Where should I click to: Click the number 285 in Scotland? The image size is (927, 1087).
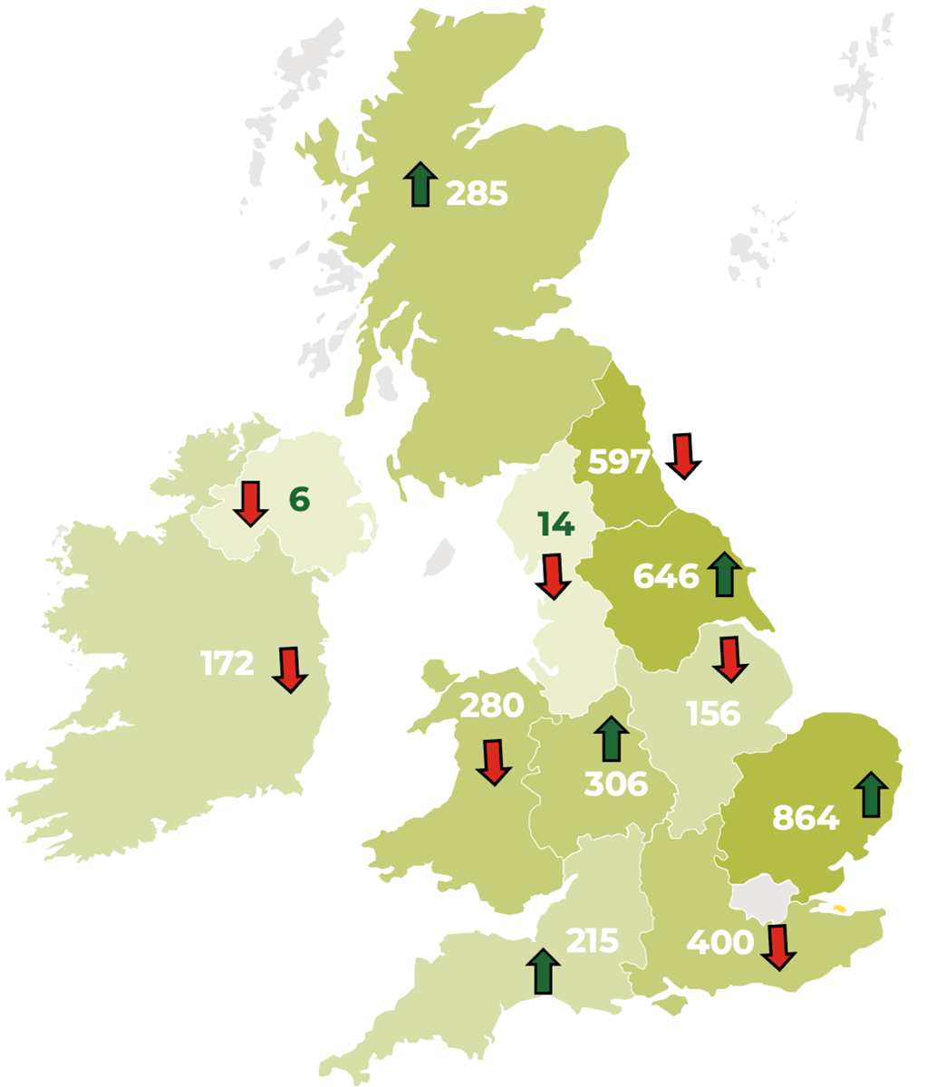click(x=477, y=193)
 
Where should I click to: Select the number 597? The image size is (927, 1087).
click(x=619, y=462)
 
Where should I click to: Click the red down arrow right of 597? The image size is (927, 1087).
click(x=683, y=455)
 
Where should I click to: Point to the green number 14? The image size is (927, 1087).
click(x=555, y=524)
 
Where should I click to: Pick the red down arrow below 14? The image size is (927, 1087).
click(x=553, y=576)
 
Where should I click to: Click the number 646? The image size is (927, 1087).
click(x=666, y=576)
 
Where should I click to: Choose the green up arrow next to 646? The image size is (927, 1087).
click(x=723, y=573)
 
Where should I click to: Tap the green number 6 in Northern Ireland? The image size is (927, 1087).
click(x=299, y=499)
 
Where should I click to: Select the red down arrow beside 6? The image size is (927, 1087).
click(x=250, y=504)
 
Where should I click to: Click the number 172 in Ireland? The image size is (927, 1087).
click(x=227, y=664)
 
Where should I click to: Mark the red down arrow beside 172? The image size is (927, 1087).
click(x=290, y=670)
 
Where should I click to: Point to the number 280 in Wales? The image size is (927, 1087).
click(x=492, y=705)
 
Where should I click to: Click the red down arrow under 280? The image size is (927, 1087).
click(x=493, y=762)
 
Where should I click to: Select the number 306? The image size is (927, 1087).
click(x=616, y=784)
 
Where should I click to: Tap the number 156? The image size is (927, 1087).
click(x=713, y=714)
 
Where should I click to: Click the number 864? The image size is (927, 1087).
click(x=806, y=818)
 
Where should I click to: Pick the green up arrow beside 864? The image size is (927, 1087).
click(x=871, y=794)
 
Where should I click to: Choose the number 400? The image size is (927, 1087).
click(x=720, y=943)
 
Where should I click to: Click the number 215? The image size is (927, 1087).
click(x=593, y=941)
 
